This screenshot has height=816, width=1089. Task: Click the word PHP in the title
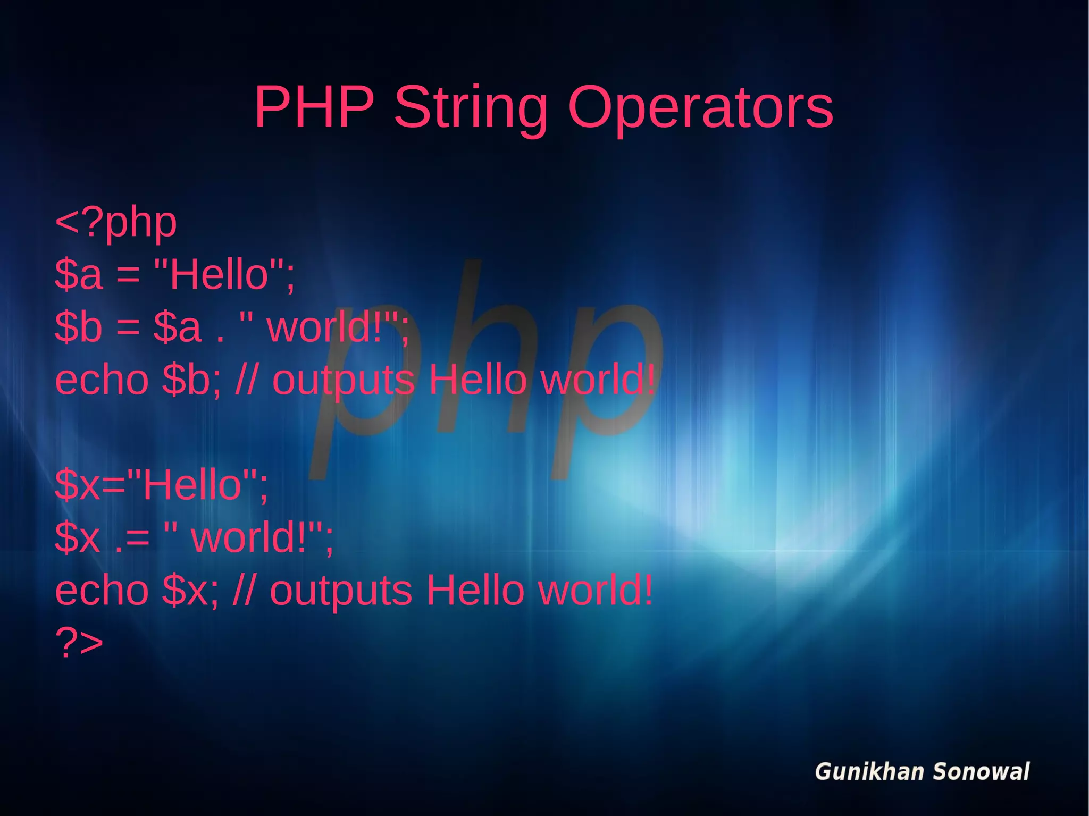click(314, 107)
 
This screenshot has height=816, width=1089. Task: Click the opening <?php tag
click(116, 223)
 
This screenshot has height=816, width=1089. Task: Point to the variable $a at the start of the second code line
click(78, 274)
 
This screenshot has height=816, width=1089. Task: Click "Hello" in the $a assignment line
click(219, 274)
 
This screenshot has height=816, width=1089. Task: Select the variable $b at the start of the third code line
click(78, 327)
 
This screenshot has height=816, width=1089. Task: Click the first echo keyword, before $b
click(102, 380)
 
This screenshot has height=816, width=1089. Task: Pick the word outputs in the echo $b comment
click(343, 381)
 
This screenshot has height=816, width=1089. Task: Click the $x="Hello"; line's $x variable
click(78, 485)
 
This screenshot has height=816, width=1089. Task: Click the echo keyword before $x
click(102, 590)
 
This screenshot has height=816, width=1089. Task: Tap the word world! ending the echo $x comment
click(595, 590)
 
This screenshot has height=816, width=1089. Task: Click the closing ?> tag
click(79, 643)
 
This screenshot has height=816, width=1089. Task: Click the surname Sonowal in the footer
click(981, 772)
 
